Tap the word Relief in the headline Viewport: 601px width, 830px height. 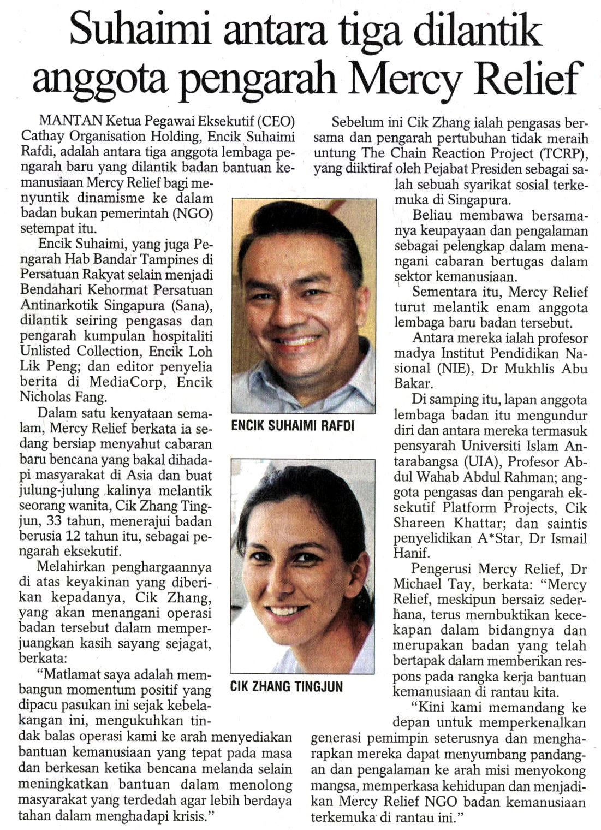point(526,78)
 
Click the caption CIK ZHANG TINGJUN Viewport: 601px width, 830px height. point(287,686)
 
